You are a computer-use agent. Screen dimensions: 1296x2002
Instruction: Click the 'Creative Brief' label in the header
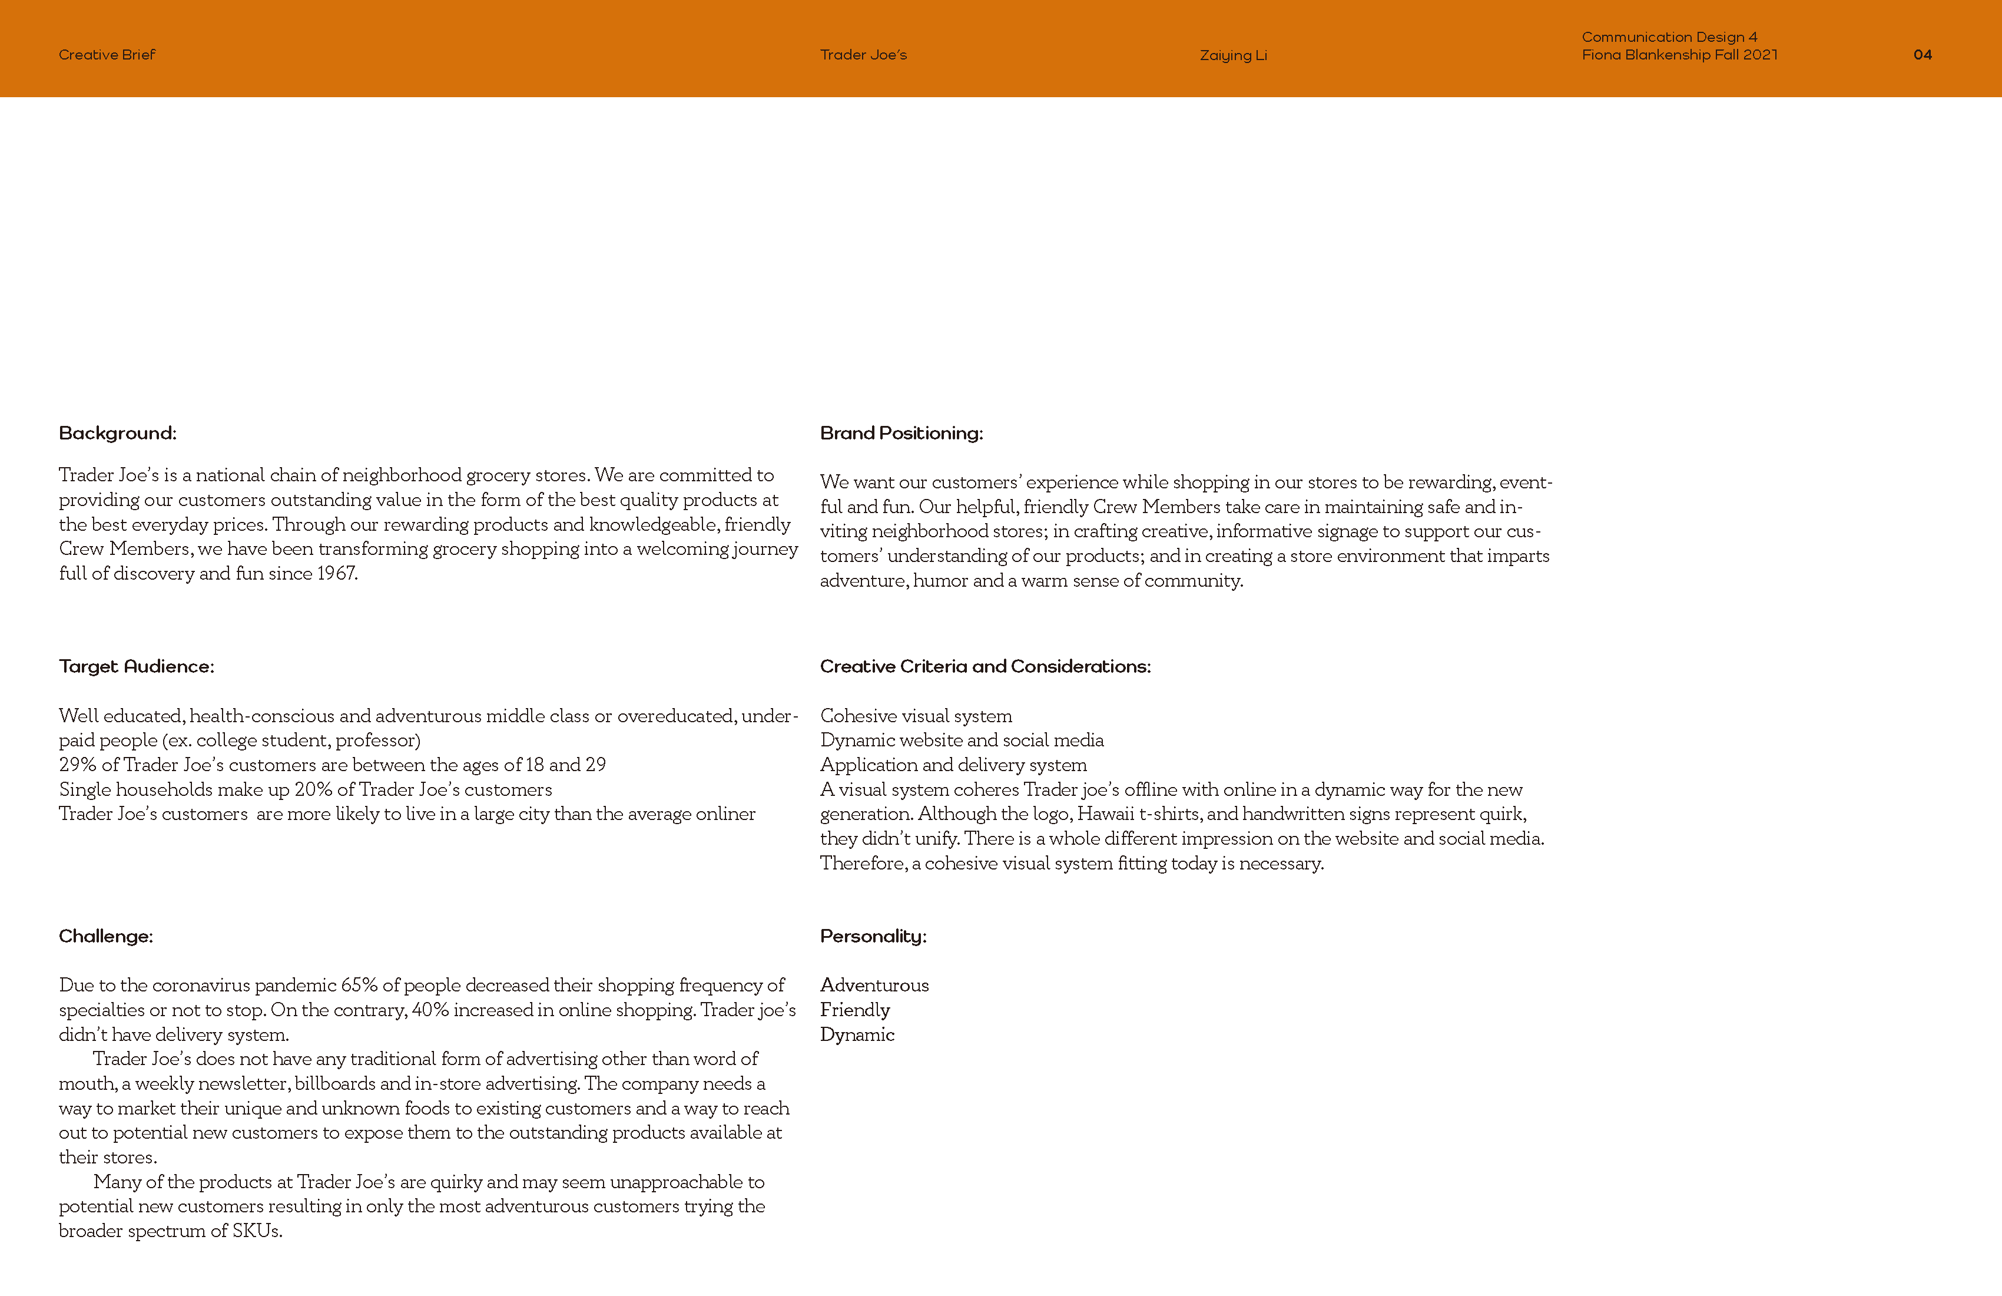tap(107, 55)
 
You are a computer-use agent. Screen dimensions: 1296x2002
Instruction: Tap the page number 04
tap(1922, 55)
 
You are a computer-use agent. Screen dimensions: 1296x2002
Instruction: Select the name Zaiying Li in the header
tap(1233, 55)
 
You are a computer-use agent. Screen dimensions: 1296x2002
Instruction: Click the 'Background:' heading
tap(118, 434)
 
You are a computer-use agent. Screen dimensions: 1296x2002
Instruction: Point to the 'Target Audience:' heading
tap(136, 666)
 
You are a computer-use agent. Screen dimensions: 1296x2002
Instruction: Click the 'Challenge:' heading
tap(106, 937)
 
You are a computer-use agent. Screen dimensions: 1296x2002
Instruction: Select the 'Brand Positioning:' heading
tap(901, 434)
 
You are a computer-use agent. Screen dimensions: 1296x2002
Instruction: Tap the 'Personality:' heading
tap(873, 937)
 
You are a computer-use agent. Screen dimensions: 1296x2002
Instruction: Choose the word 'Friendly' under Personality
tap(854, 1010)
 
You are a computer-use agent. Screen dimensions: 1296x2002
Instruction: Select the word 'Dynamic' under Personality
tap(857, 1035)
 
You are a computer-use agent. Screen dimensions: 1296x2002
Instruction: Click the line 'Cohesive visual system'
tap(916, 716)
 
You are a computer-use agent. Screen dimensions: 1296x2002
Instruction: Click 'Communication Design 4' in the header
tap(1669, 37)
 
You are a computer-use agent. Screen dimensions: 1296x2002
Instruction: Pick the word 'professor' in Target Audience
tap(375, 740)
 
